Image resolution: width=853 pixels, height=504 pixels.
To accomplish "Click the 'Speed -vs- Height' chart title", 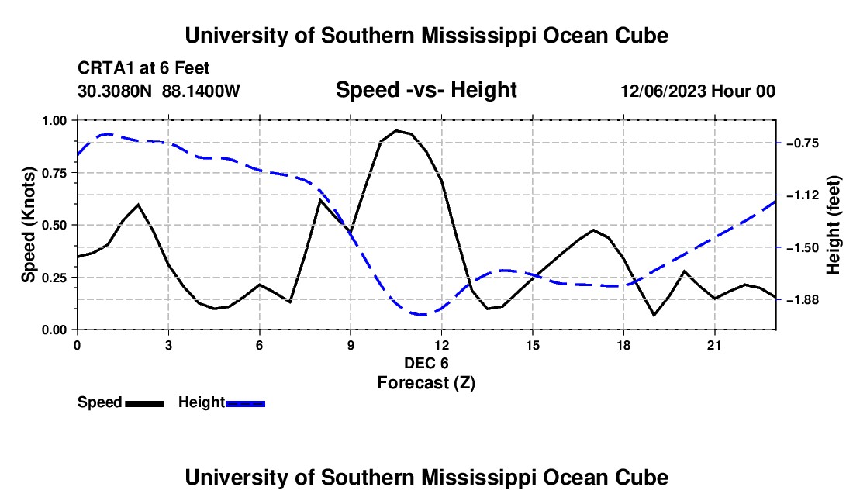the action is [426, 90].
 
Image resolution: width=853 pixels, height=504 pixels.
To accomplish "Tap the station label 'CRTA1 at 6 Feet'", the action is [143, 68].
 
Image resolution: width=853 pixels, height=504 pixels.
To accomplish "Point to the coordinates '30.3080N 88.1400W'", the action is [158, 91].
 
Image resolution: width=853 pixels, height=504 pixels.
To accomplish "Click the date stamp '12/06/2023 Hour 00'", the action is [698, 91].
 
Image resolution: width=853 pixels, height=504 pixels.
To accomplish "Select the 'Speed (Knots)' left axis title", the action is [28, 225].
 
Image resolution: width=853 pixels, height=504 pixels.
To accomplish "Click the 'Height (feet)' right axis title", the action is [833, 225].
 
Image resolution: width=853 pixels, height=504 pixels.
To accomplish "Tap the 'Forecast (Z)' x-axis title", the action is [426, 383].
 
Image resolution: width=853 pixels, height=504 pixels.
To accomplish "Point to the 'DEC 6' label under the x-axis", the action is [426, 363].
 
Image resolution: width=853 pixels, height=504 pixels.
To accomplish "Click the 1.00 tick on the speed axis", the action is [54, 121].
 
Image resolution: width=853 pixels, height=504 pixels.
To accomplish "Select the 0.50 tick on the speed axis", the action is [54, 225].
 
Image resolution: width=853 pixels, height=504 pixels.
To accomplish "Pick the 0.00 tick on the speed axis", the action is [54, 330].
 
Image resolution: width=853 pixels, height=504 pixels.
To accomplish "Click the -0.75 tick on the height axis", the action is [803, 143].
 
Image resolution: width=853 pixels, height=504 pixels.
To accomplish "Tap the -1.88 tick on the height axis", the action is [803, 299].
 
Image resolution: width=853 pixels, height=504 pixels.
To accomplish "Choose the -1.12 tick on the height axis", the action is [803, 195].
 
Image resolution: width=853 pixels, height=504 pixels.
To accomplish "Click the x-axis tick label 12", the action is [442, 345].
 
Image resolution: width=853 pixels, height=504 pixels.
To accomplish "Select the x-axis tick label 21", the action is [714, 345].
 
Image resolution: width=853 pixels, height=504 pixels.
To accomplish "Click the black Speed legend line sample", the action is [145, 403].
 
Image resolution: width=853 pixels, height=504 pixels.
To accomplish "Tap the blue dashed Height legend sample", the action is [245, 403].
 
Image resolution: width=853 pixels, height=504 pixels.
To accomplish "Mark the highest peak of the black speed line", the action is [396, 130].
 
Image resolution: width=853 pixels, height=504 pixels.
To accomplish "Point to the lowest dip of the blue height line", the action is [423, 314].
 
